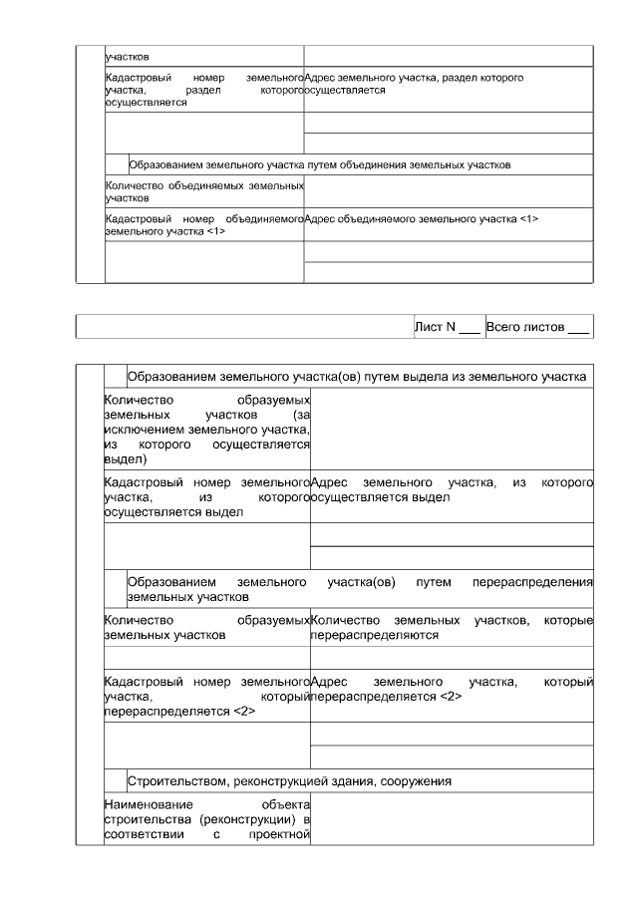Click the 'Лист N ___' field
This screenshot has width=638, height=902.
point(448,327)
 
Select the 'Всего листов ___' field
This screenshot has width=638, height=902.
point(537,327)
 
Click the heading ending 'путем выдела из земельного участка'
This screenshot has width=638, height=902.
point(356,377)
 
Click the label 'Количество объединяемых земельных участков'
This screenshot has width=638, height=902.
point(203,191)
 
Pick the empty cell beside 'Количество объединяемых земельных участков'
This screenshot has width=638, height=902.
point(448,191)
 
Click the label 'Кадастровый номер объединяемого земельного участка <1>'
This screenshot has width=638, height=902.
point(203,225)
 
